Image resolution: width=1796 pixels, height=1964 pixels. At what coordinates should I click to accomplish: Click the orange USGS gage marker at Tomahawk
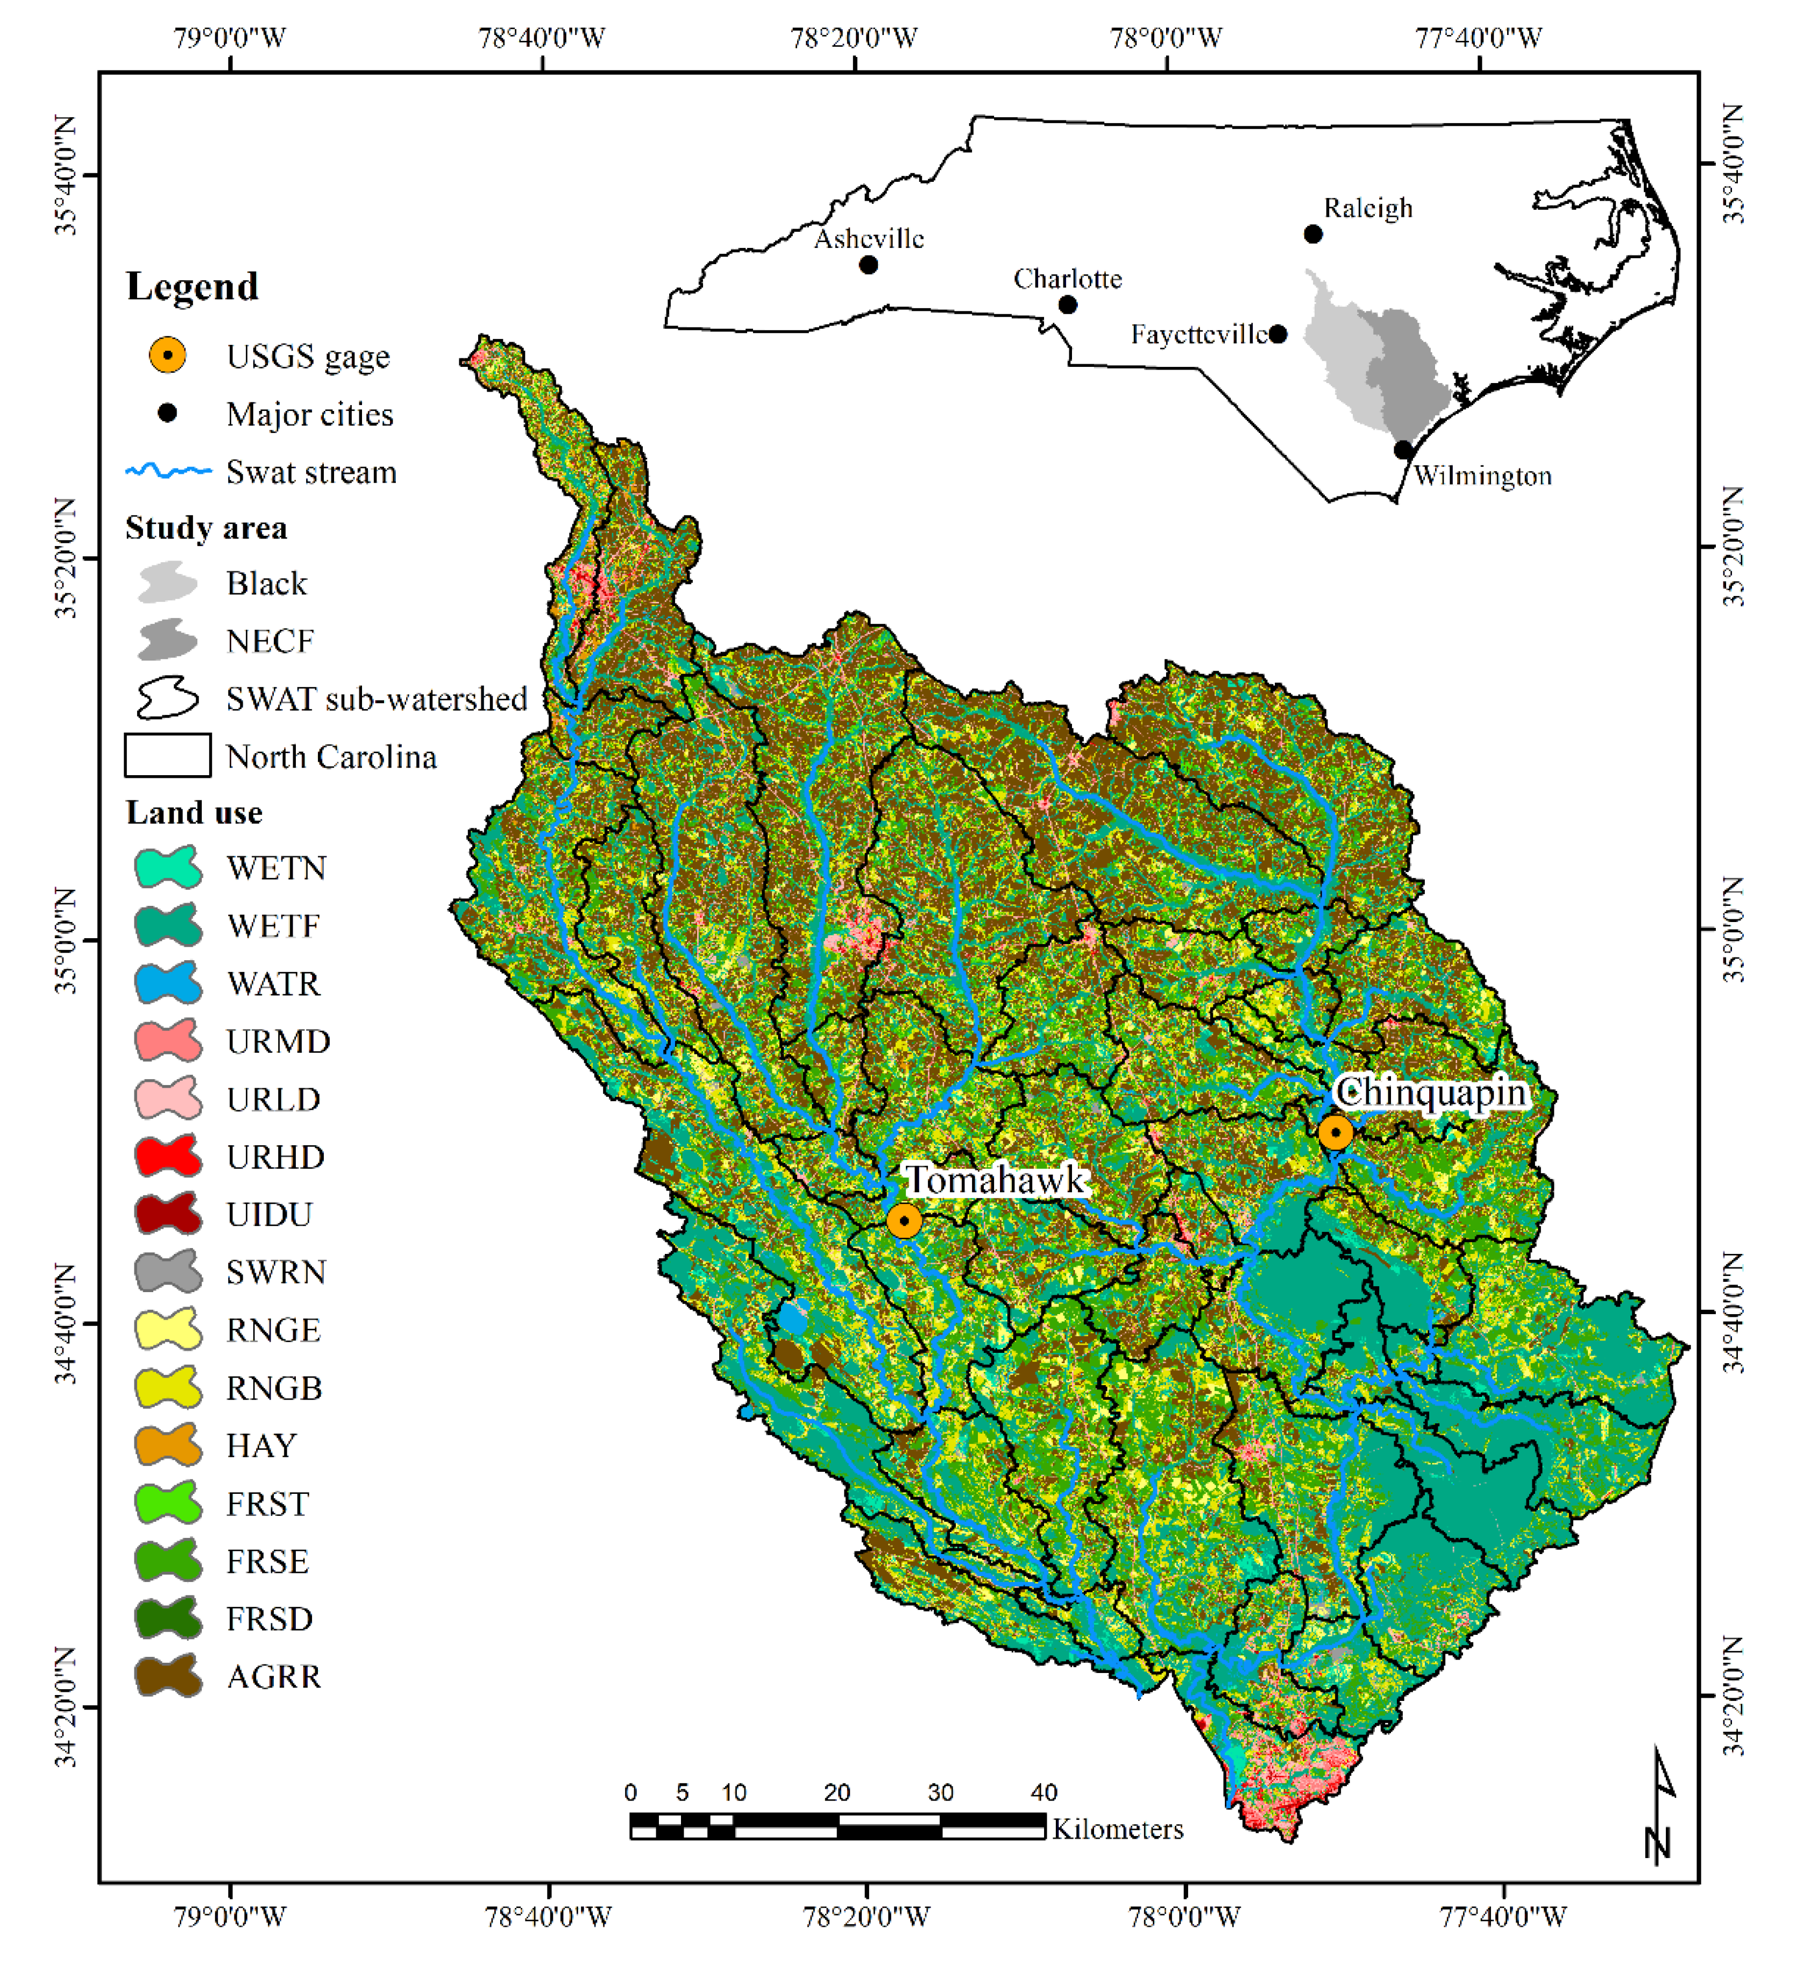coord(904,1219)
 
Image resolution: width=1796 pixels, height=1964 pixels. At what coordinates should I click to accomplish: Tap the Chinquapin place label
coord(1430,1092)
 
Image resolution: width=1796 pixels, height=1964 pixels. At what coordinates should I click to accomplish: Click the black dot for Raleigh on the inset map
coord(1313,234)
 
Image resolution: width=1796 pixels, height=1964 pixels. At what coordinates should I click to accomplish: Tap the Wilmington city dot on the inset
coord(1402,449)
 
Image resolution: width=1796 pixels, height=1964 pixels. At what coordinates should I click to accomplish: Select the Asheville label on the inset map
coord(869,239)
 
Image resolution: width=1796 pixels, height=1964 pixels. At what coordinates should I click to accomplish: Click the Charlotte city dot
coord(1068,305)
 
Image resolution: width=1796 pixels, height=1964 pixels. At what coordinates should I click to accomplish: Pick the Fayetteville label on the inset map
coord(1199,334)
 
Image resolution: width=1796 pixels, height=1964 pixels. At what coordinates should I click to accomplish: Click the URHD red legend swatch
coord(167,1157)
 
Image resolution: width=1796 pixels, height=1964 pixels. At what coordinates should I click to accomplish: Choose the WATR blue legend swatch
coord(167,983)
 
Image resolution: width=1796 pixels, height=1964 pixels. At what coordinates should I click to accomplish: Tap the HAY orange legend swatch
coord(167,1445)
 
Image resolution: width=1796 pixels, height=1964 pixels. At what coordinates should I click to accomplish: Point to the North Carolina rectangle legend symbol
coord(167,756)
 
